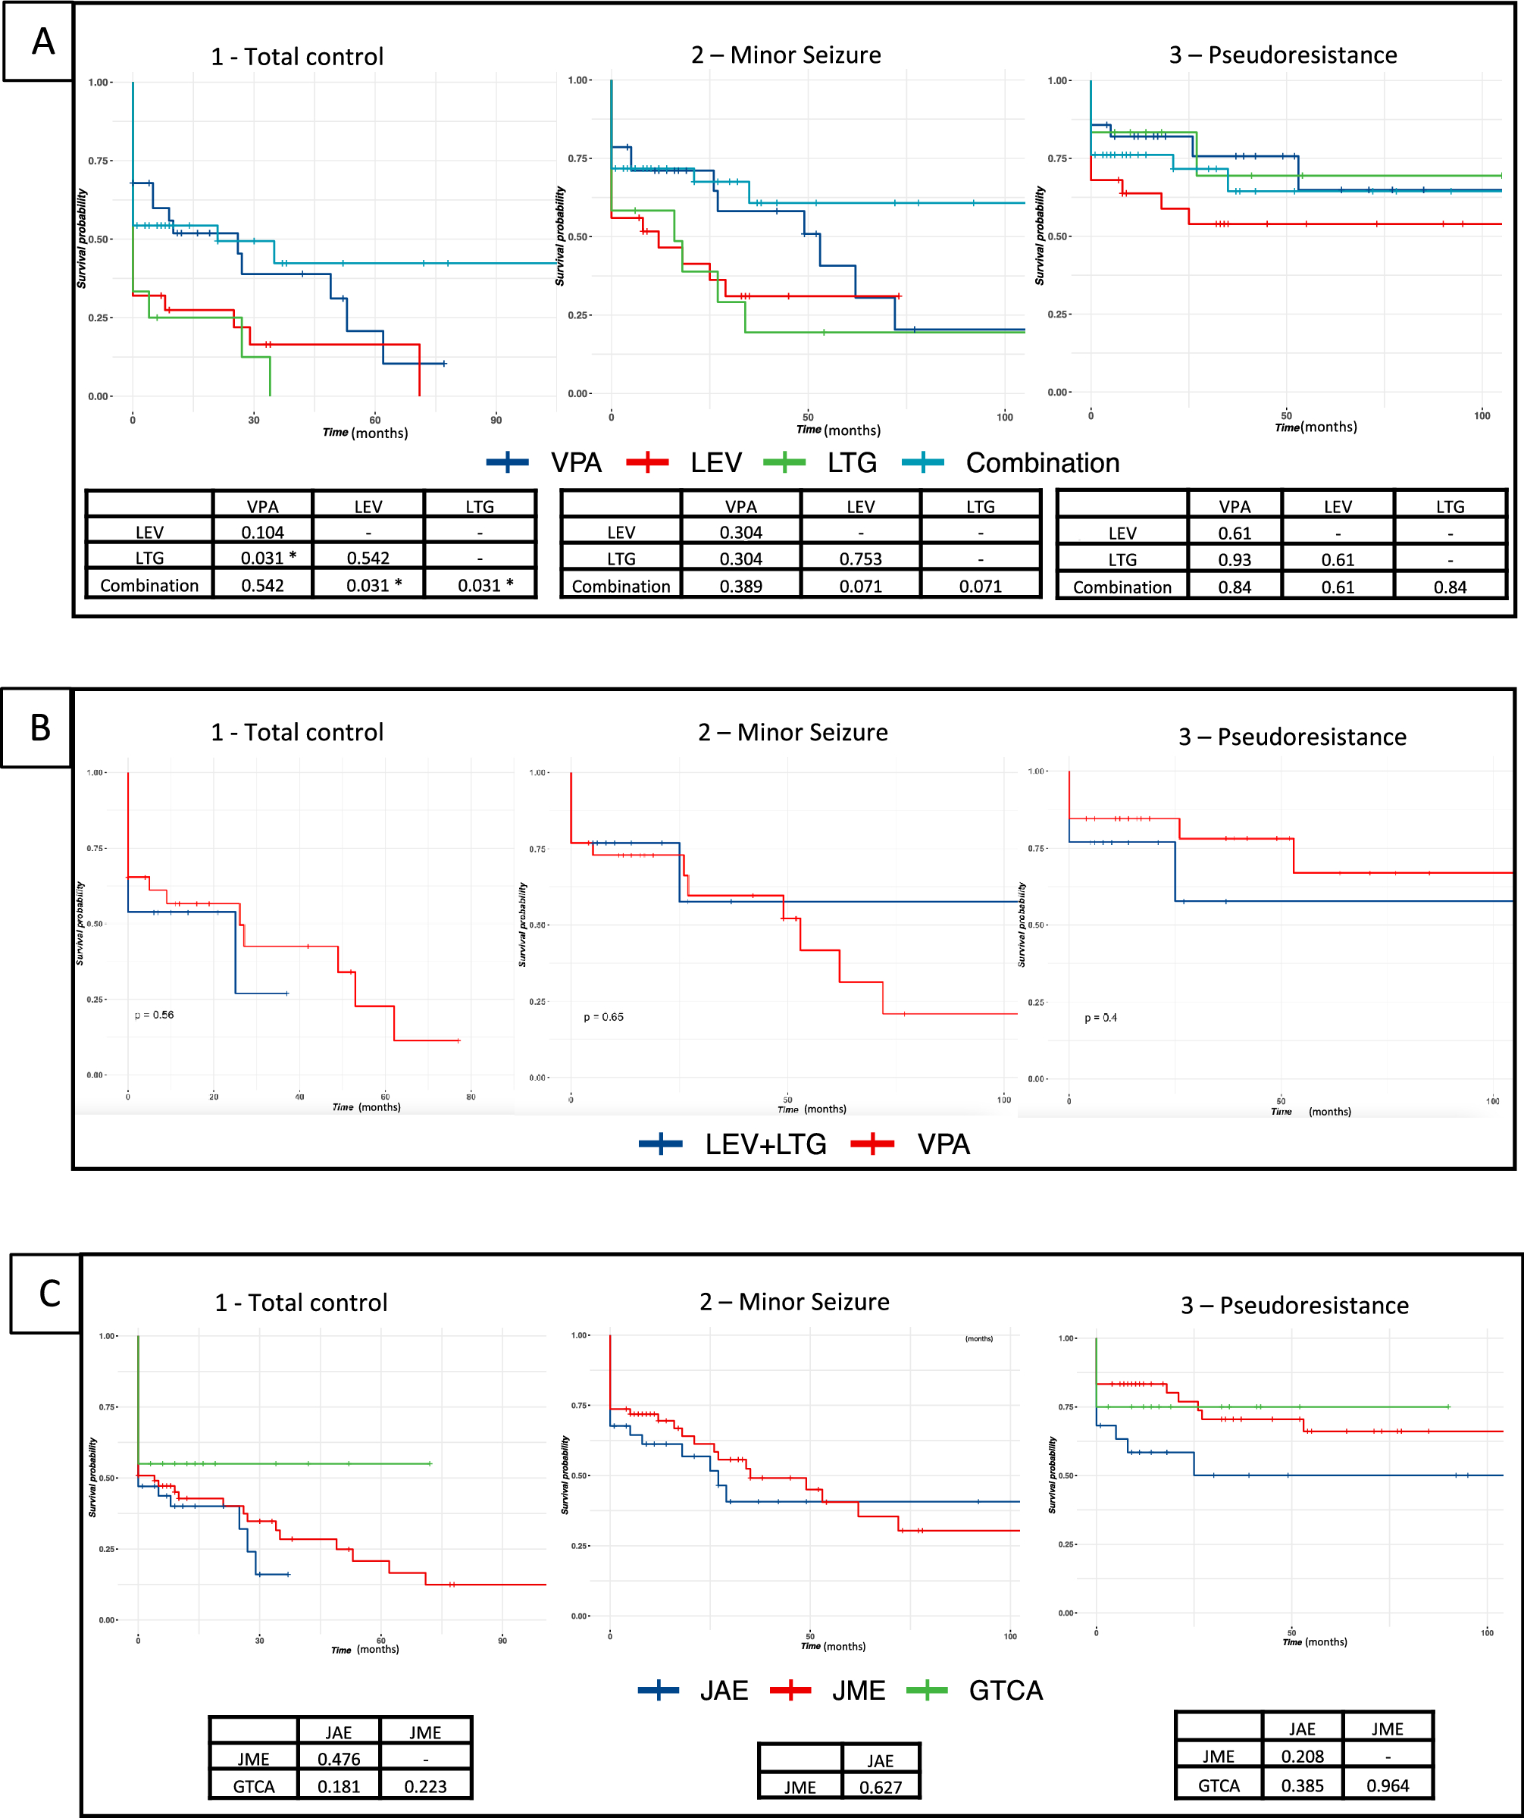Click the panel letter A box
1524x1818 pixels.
(42, 42)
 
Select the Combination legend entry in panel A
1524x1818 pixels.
(1010, 463)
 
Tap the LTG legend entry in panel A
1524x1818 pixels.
(820, 463)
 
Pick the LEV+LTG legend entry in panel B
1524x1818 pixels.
(733, 1144)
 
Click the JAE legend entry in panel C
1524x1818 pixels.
(693, 1690)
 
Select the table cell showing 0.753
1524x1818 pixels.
(861, 559)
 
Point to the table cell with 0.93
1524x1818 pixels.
(1234, 560)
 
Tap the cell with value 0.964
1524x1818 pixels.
(1387, 1785)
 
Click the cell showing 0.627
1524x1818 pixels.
(880, 1787)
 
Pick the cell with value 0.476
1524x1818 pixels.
(339, 1758)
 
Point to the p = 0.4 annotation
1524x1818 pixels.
(1100, 1017)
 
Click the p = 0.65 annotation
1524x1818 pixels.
(603, 1016)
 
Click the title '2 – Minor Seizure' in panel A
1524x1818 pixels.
(785, 55)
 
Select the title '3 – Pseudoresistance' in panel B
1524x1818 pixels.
(1292, 737)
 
